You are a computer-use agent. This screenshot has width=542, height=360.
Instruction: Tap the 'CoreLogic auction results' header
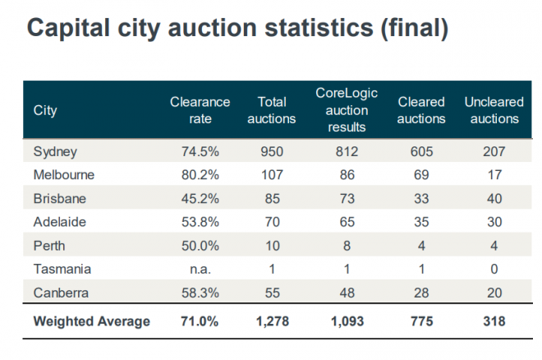coord(347,110)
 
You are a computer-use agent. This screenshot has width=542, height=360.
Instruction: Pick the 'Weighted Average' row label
coord(91,321)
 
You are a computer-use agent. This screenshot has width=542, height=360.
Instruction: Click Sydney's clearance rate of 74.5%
coord(200,152)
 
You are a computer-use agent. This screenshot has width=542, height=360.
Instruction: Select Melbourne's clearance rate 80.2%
coord(200,175)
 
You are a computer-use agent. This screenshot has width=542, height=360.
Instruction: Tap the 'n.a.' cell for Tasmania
coord(200,269)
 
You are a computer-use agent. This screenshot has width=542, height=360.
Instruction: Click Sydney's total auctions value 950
coord(271,152)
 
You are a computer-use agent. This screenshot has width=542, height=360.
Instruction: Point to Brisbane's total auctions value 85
coord(271,199)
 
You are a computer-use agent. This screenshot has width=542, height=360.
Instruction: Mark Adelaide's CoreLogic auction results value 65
coord(347,222)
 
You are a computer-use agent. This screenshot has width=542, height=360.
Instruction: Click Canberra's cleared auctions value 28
coord(421,292)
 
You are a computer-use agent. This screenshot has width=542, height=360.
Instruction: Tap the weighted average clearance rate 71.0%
coord(200,321)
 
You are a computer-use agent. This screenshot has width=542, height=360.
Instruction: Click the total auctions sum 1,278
coord(271,321)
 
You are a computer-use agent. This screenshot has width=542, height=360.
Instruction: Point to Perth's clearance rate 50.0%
coord(200,246)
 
